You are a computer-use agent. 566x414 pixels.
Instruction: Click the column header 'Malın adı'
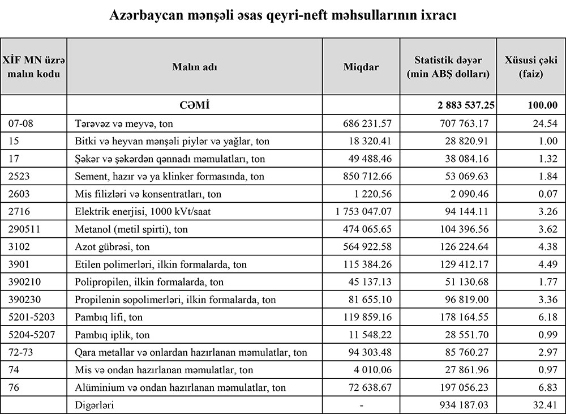coord(195,66)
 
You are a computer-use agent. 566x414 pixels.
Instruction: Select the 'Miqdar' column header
coord(361,66)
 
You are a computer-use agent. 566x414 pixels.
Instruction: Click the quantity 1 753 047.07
coord(363,211)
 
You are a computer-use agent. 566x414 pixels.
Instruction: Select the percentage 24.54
coord(546,123)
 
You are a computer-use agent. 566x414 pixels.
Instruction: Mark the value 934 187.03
coord(465,405)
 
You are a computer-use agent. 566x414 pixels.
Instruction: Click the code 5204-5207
coord(32,335)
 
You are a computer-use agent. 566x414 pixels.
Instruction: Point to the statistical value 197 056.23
coord(465,387)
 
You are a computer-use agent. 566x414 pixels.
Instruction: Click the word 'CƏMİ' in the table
coord(195,105)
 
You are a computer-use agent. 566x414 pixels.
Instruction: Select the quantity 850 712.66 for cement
coord(367,176)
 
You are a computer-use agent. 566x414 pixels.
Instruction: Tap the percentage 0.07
coord(548,194)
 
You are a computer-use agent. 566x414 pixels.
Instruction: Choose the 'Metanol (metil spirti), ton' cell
coord(132,229)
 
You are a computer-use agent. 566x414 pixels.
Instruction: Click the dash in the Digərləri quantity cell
coord(361,405)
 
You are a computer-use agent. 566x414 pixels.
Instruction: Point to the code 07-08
coord(21,123)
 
